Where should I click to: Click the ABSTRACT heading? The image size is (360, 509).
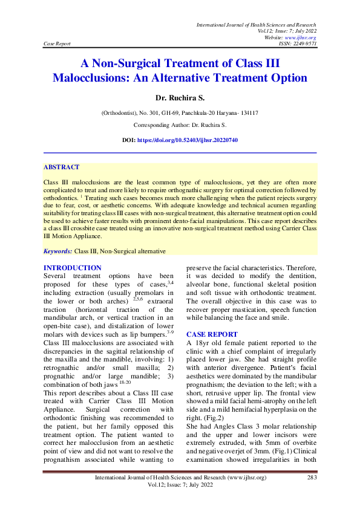click(62, 167)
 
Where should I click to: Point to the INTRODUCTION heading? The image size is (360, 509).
click(73, 268)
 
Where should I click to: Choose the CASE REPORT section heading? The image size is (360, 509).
click(212, 334)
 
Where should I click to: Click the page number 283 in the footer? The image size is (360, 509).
click(311, 478)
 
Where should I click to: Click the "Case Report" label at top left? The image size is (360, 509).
click(57, 44)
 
